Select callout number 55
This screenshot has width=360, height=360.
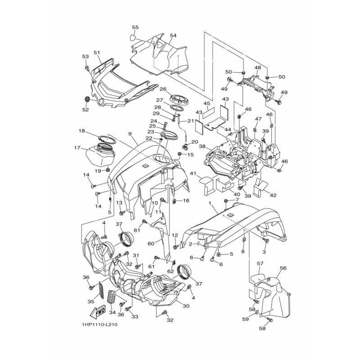pos(135,27)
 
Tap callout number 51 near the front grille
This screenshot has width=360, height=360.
pos(97,53)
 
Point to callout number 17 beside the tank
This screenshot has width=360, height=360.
pos(77,148)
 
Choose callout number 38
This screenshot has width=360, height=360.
pos(202,147)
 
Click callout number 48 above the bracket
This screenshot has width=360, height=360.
pos(258,67)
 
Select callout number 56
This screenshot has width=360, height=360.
pos(283,268)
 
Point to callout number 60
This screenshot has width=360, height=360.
pos(151,243)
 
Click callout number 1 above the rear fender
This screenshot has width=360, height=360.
pos(210,204)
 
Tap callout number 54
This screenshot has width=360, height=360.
pos(173,36)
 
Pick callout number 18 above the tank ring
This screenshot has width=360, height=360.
pos(81,131)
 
